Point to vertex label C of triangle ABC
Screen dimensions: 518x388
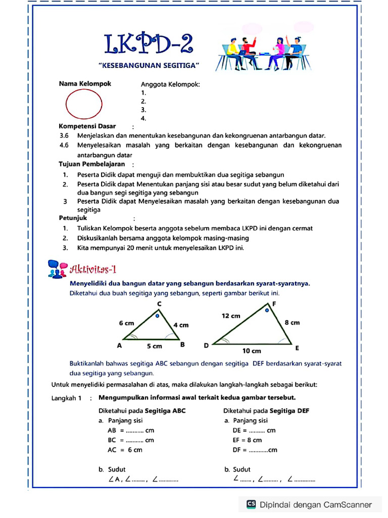pos(159,304)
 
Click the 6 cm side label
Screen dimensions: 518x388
pos(126,323)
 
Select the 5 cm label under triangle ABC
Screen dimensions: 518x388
pos(155,346)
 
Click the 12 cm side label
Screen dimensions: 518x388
pos(231,316)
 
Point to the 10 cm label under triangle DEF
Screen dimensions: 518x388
pos(252,351)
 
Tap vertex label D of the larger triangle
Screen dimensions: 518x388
pos(206,346)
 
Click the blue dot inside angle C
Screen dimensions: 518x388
pos(157,316)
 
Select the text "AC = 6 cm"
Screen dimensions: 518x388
pos(125,450)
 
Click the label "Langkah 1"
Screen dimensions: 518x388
pos(66,398)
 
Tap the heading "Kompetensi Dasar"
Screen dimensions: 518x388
pos(87,126)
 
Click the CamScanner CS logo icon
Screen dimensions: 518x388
pos(251,504)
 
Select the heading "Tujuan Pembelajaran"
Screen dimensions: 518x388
pos(91,164)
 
